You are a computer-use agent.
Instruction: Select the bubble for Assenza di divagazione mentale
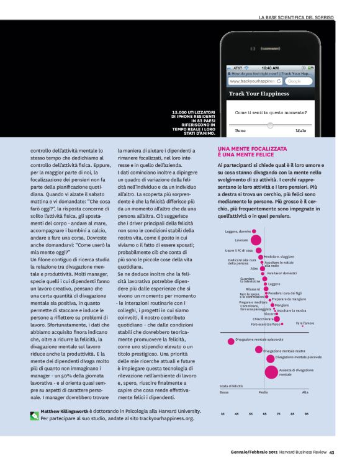click(271, 372)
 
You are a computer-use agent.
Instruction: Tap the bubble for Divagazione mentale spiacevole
click(231, 340)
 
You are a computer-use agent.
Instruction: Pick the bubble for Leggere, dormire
click(254, 232)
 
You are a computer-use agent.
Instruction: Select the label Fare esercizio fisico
click(266, 324)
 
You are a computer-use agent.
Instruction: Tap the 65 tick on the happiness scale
click(265, 413)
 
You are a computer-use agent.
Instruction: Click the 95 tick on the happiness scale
click(306, 413)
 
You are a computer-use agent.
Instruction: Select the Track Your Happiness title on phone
click(259, 94)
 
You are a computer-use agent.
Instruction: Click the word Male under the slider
click(301, 131)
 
